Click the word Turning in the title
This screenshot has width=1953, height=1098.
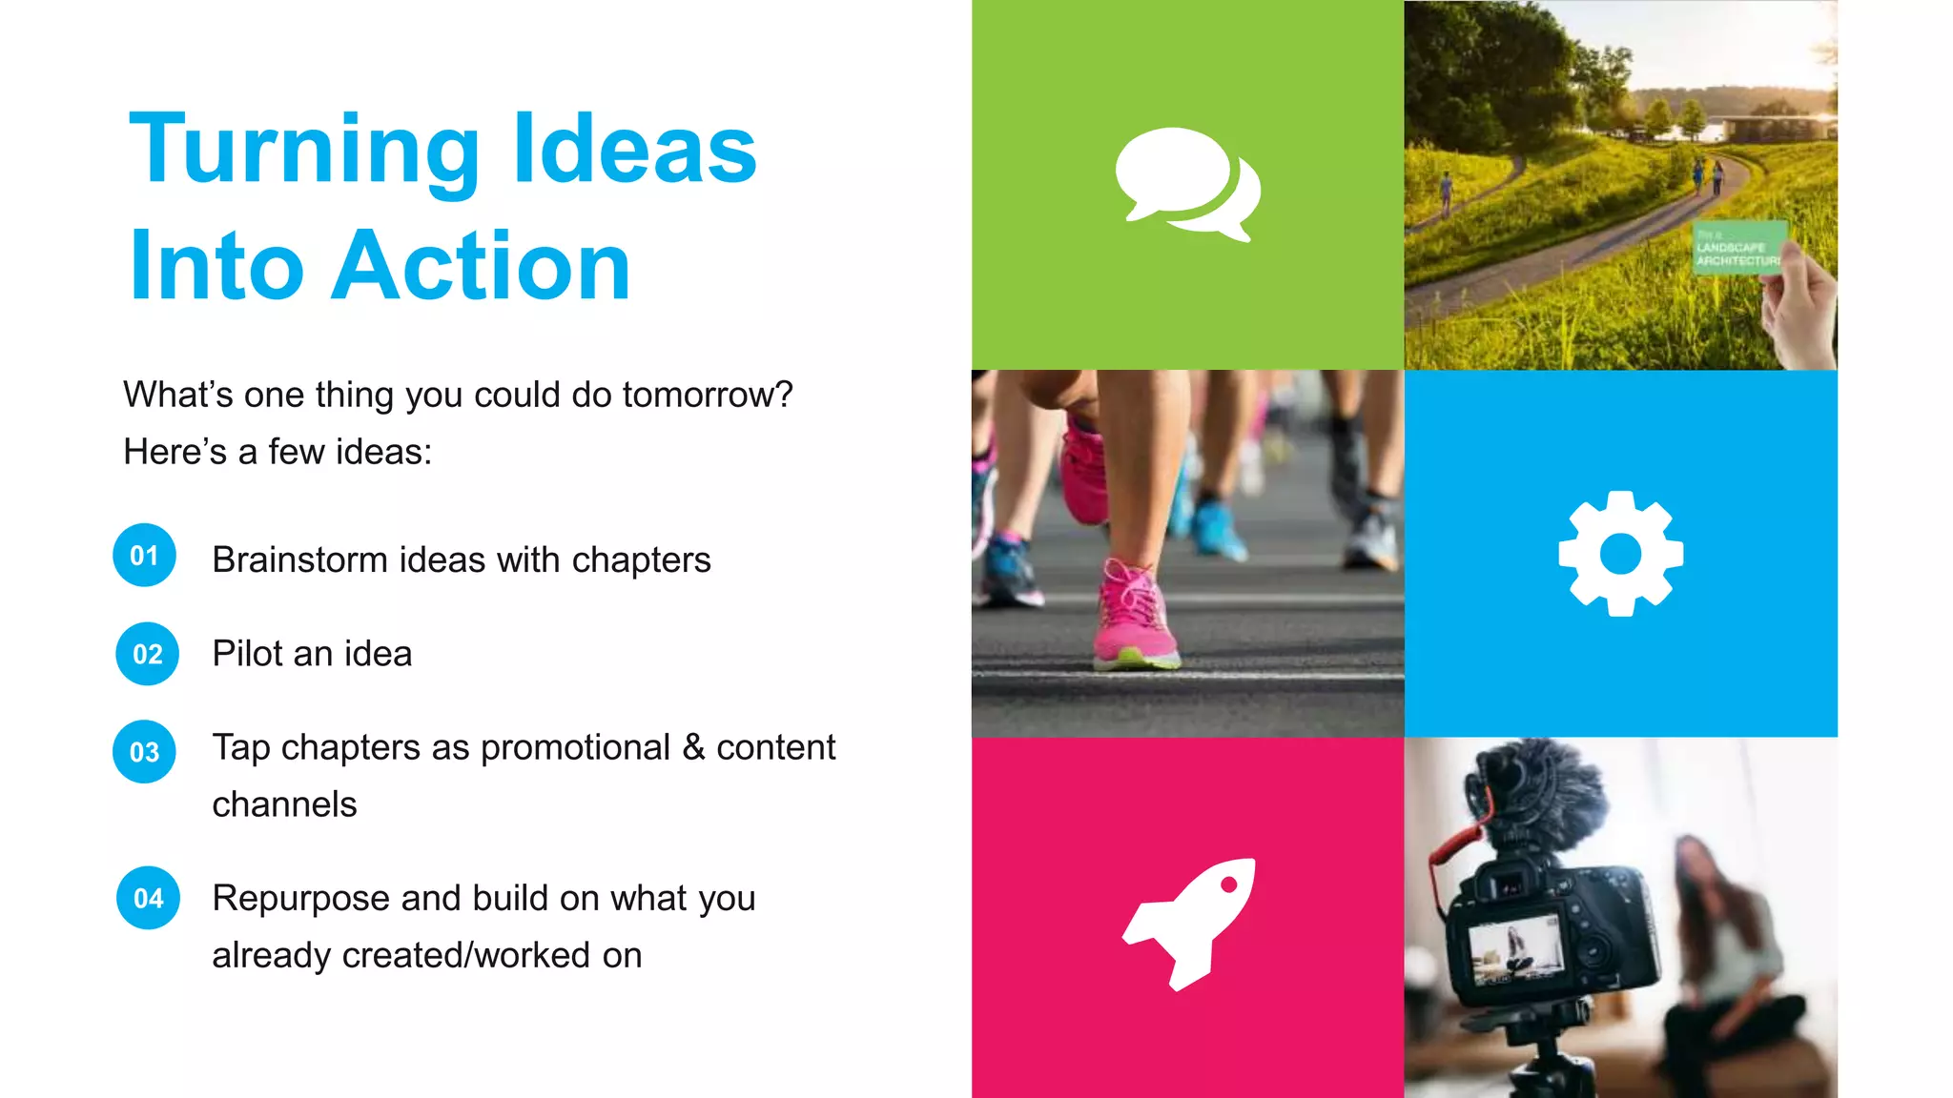pyautogui.click(x=303, y=151)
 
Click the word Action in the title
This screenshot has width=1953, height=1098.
pyautogui.click(x=481, y=267)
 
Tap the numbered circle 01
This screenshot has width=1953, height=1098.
pyautogui.click(x=144, y=556)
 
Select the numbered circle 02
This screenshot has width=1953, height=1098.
pyautogui.click(x=147, y=655)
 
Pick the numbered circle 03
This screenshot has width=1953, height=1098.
pyautogui.click(x=144, y=752)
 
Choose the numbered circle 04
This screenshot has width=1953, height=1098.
pyautogui.click(x=148, y=899)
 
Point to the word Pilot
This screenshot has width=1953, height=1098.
pyautogui.click(x=246, y=654)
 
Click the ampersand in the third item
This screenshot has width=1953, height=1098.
pyautogui.click(x=693, y=748)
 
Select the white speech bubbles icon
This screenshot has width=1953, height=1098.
pyautogui.click(x=1187, y=184)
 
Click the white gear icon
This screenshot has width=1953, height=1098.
pyautogui.click(x=1620, y=554)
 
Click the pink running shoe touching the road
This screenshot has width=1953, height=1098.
pyautogui.click(x=1136, y=620)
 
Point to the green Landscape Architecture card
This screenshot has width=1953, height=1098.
pyautogui.click(x=1737, y=248)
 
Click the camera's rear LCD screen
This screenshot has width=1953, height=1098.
pyautogui.click(x=1515, y=952)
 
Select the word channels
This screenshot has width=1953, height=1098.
pyautogui.click(x=284, y=805)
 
